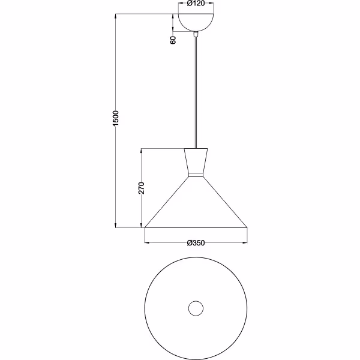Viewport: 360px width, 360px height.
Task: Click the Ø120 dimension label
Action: click(x=196, y=4)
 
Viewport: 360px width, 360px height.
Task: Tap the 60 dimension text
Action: click(x=173, y=41)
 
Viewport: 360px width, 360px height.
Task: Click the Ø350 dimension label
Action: click(x=196, y=242)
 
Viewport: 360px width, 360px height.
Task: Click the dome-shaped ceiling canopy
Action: click(x=196, y=23)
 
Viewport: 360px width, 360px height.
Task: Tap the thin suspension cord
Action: click(x=196, y=96)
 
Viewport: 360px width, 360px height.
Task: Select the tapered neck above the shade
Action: click(x=196, y=161)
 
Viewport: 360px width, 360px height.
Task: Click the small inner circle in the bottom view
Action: click(x=196, y=308)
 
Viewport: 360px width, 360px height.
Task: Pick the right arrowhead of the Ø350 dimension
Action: click(x=244, y=242)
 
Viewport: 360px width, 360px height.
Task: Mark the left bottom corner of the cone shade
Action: click(x=145, y=227)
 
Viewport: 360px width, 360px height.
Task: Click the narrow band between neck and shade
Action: click(x=196, y=175)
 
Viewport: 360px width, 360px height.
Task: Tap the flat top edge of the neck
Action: click(x=196, y=148)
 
